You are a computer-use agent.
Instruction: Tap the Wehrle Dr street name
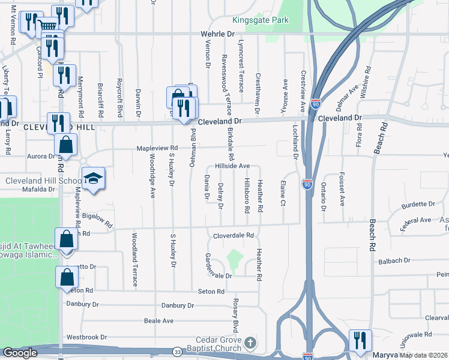(217, 35)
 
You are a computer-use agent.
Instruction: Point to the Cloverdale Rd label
(234, 236)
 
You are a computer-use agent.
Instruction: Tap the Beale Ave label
(158, 321)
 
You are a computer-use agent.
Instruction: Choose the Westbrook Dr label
(86, 337)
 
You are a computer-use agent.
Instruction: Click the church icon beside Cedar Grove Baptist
(251, 344)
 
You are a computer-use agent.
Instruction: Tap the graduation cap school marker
(94, 179)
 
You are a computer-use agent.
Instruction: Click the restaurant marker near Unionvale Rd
(360, 340)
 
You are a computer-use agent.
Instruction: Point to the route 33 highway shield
(178, 352)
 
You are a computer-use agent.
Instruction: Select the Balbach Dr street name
(394, 261)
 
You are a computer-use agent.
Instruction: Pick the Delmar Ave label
(348, 95)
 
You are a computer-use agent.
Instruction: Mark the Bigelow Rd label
(98, 219)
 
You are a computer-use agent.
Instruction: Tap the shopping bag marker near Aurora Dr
(66, 145)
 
